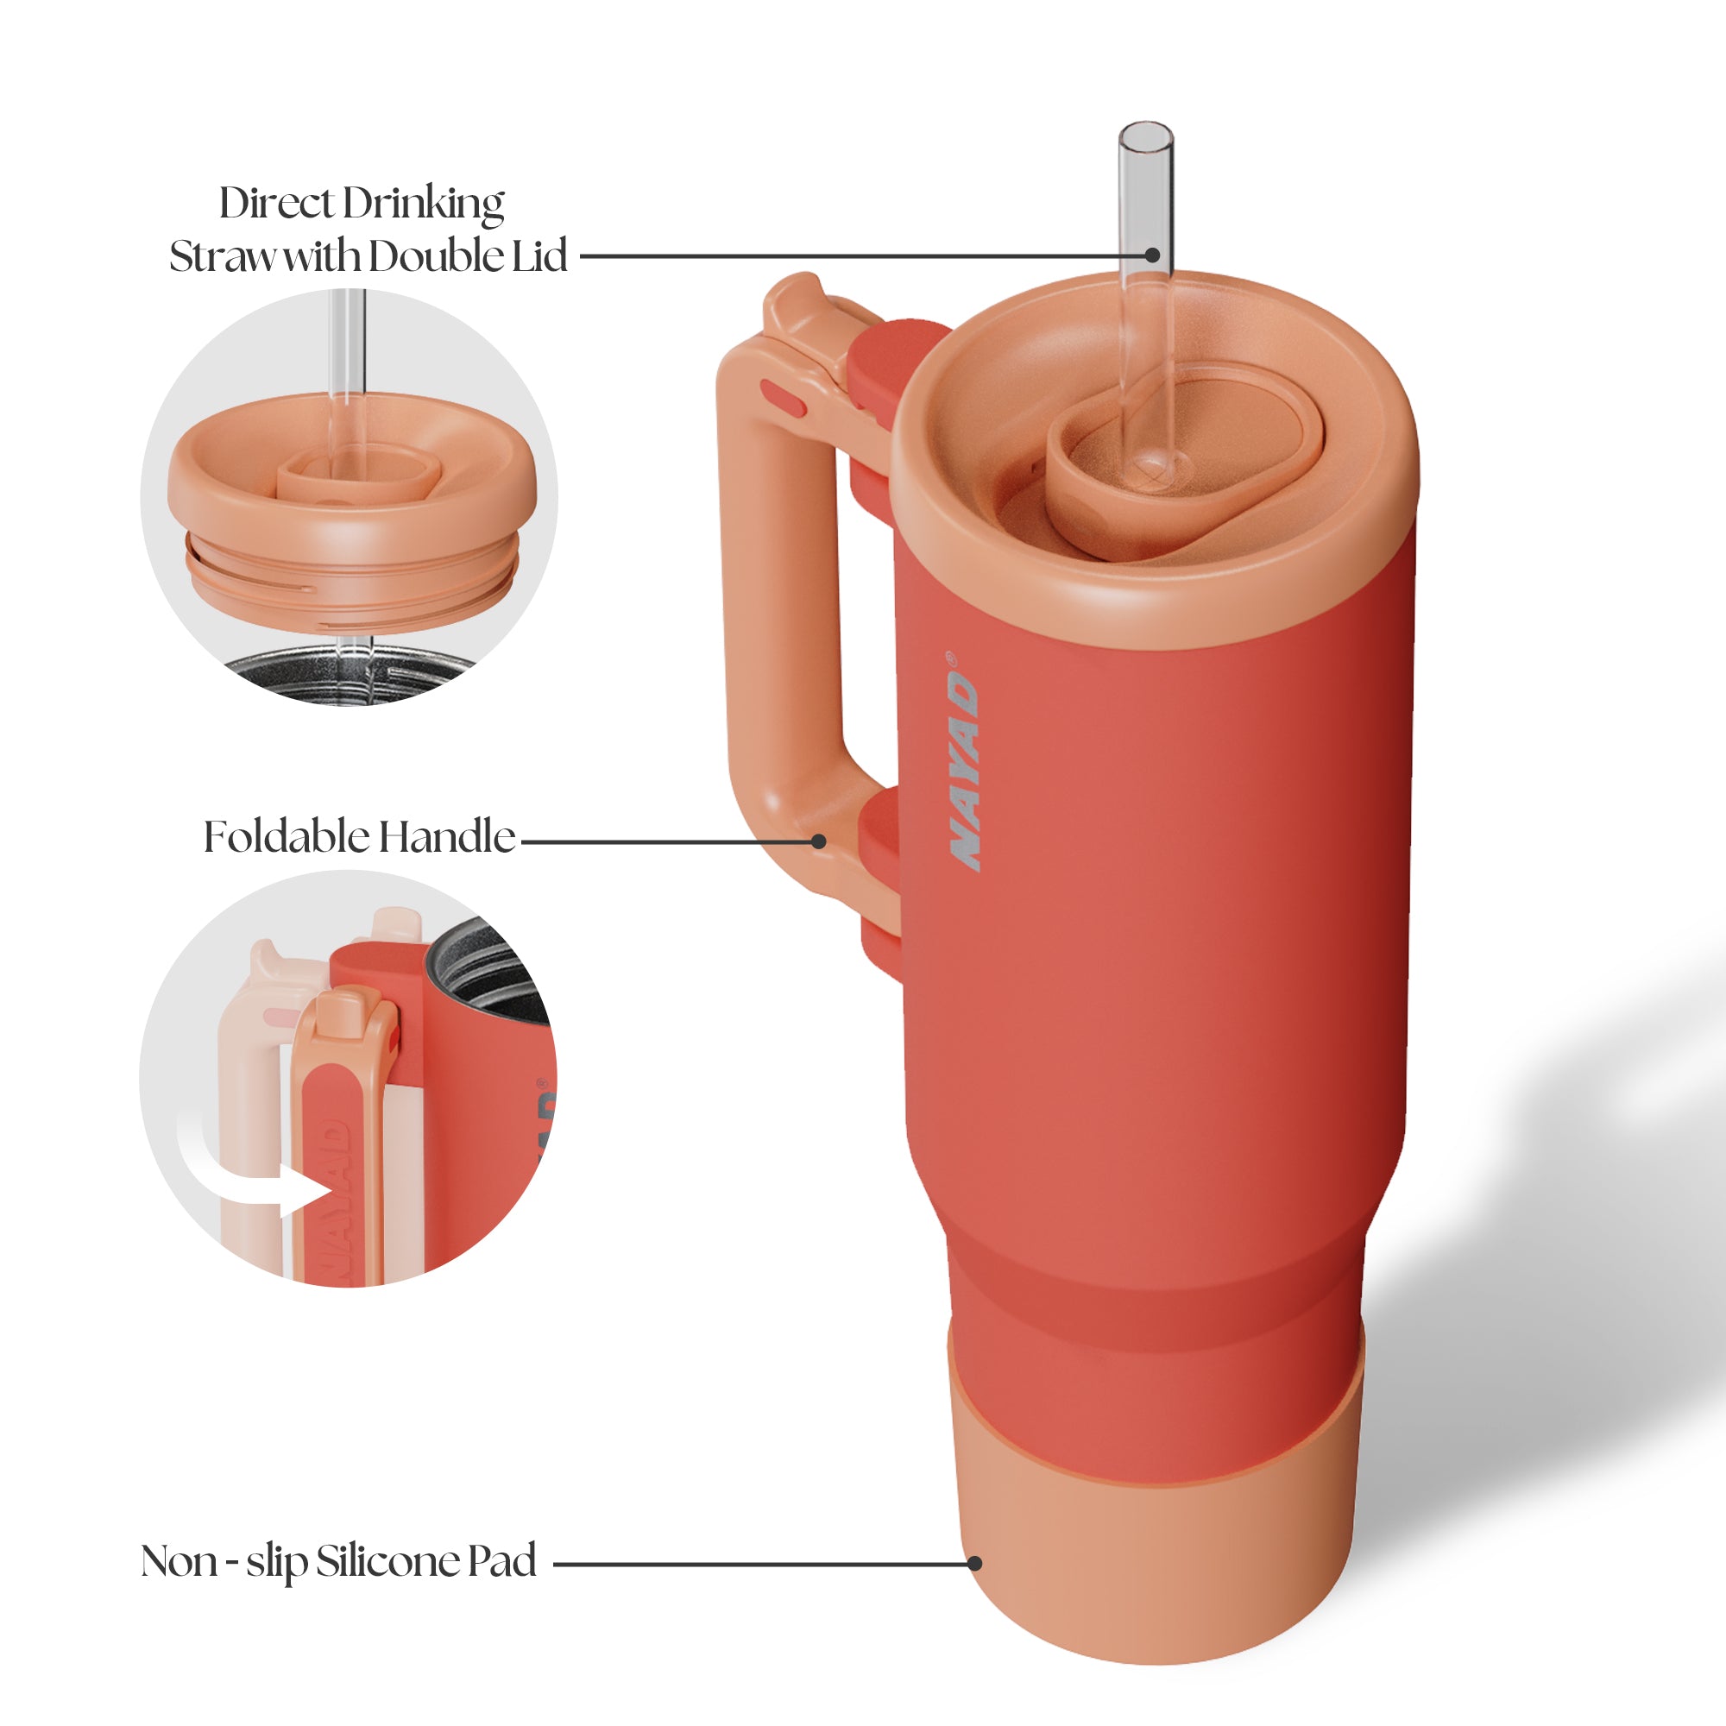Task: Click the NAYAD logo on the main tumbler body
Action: click(x=964, y=759)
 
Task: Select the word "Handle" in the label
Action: click(x=447, y=837)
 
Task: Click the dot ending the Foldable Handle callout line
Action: click(x=818, y=841)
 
